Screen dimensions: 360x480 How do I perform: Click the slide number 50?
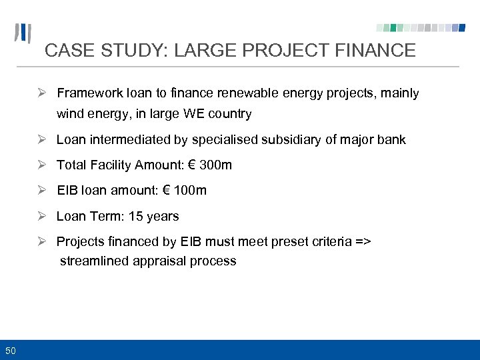click(x=11, y=350)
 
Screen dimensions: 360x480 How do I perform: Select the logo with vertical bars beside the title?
click(x=24, y=34)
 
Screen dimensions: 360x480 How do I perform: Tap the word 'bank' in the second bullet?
click(x=391, y=139)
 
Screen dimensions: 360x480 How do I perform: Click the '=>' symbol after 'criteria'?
click(x=362, y=241)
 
